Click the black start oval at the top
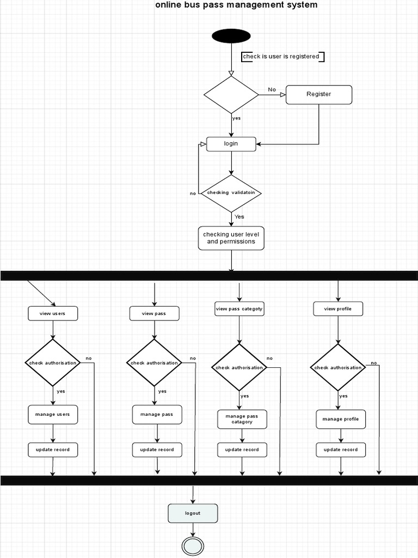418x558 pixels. (231, 36)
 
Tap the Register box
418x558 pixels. (319, 94)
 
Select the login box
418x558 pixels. (231, 144)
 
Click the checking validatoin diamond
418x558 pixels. (231, 193)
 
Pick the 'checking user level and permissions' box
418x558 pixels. (231, 238)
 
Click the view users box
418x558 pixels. (53, 313)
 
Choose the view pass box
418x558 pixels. (154, 313)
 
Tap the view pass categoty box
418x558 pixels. (239, 309)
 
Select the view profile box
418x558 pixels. (338, 309)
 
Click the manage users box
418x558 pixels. (53, 415)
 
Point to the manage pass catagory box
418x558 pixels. (242, 419)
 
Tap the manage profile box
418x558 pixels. (341, 419)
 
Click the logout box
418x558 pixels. (193, 513)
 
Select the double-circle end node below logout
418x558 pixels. (193, 546)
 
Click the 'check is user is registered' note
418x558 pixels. (282, 57)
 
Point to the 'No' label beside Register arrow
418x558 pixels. (272, 89)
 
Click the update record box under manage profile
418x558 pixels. (341, 450)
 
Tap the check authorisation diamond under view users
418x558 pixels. (53, 363)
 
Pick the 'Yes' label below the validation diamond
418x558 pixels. (239, 217)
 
